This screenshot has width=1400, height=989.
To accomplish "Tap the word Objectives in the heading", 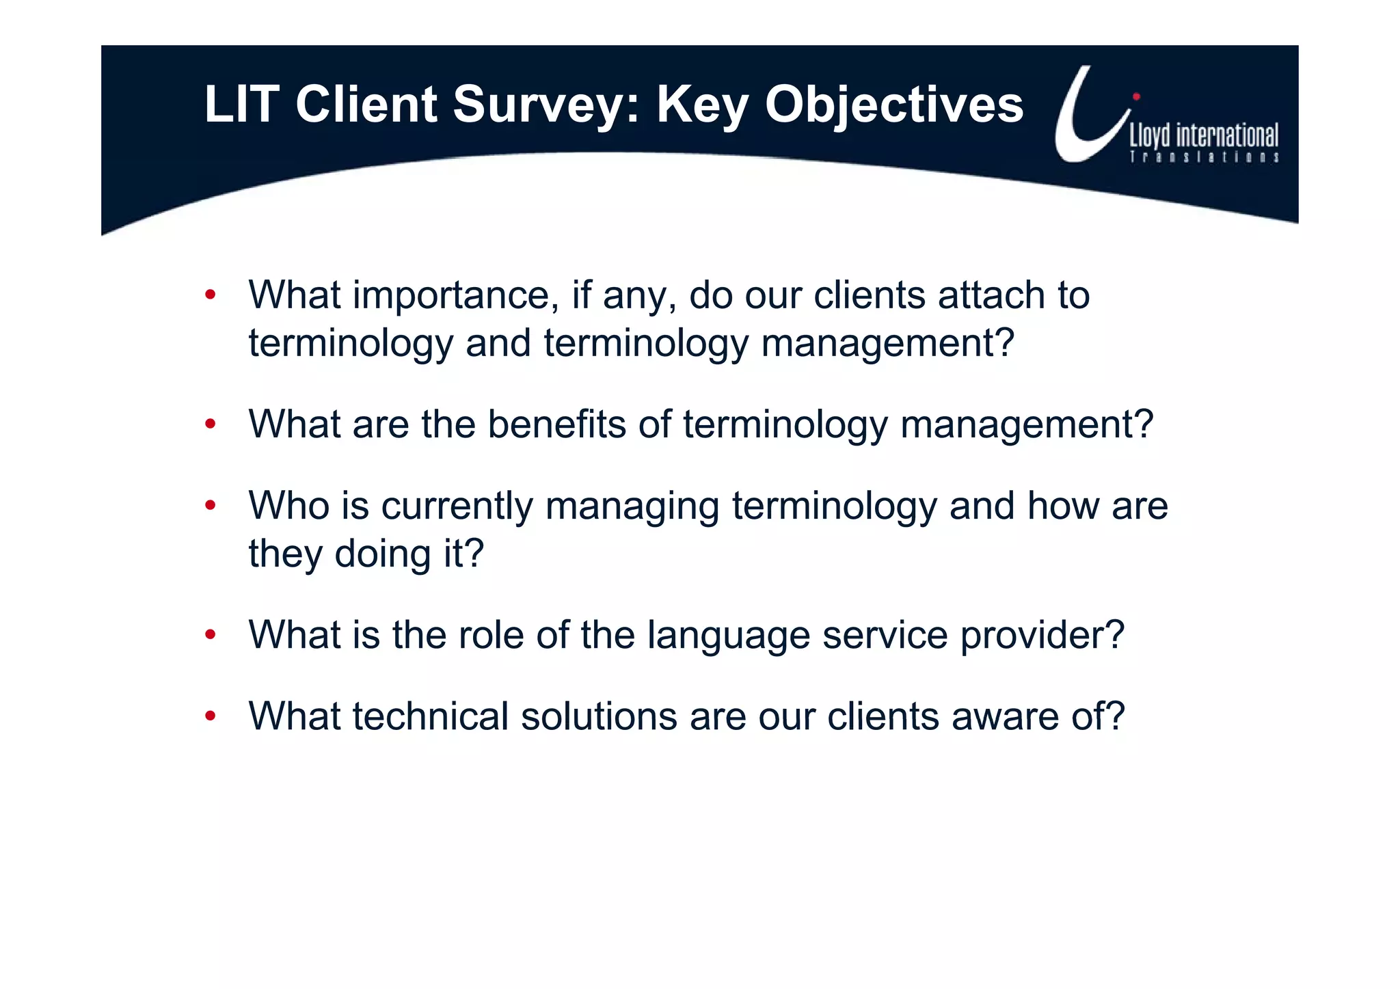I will (x=894, y=105).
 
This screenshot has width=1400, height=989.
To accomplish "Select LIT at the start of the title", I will (x=241, y=105).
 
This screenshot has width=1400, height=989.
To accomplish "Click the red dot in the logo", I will (x=1136, y=96).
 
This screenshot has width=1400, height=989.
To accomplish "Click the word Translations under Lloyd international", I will (x=1204, y=157).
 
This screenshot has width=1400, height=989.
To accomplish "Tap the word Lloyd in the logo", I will (x=1150, y=136).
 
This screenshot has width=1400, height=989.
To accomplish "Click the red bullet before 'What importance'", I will (x=211, y=295).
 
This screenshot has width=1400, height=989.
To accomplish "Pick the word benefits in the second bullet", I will (x=556, y=424).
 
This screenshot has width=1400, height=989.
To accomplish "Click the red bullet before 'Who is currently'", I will (x=211, y=506).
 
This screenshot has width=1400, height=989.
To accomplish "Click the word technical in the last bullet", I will (x=430, y=716).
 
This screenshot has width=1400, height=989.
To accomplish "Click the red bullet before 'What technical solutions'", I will (x=211, y=716).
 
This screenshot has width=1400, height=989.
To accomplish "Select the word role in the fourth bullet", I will (x=491, y=635).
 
